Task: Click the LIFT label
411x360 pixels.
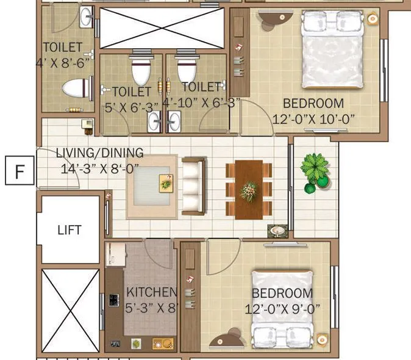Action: (x=69, y=230)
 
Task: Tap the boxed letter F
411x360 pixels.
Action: (x=20, y=171)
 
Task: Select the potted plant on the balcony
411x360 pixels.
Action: (x=315, y=169)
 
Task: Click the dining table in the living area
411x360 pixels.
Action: (x=248, y=189)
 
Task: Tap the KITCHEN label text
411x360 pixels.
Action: (x=151, y=292)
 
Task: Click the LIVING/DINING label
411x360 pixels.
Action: (x=99, y=153)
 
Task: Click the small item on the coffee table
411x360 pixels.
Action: (x=166, y=181)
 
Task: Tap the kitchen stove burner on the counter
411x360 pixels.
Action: (x=113, y=300)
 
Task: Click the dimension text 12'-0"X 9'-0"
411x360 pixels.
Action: (x=282, y=309)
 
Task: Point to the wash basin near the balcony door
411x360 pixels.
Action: (x=277, y=231)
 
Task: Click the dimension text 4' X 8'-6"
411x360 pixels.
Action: (x=63, y=62)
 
